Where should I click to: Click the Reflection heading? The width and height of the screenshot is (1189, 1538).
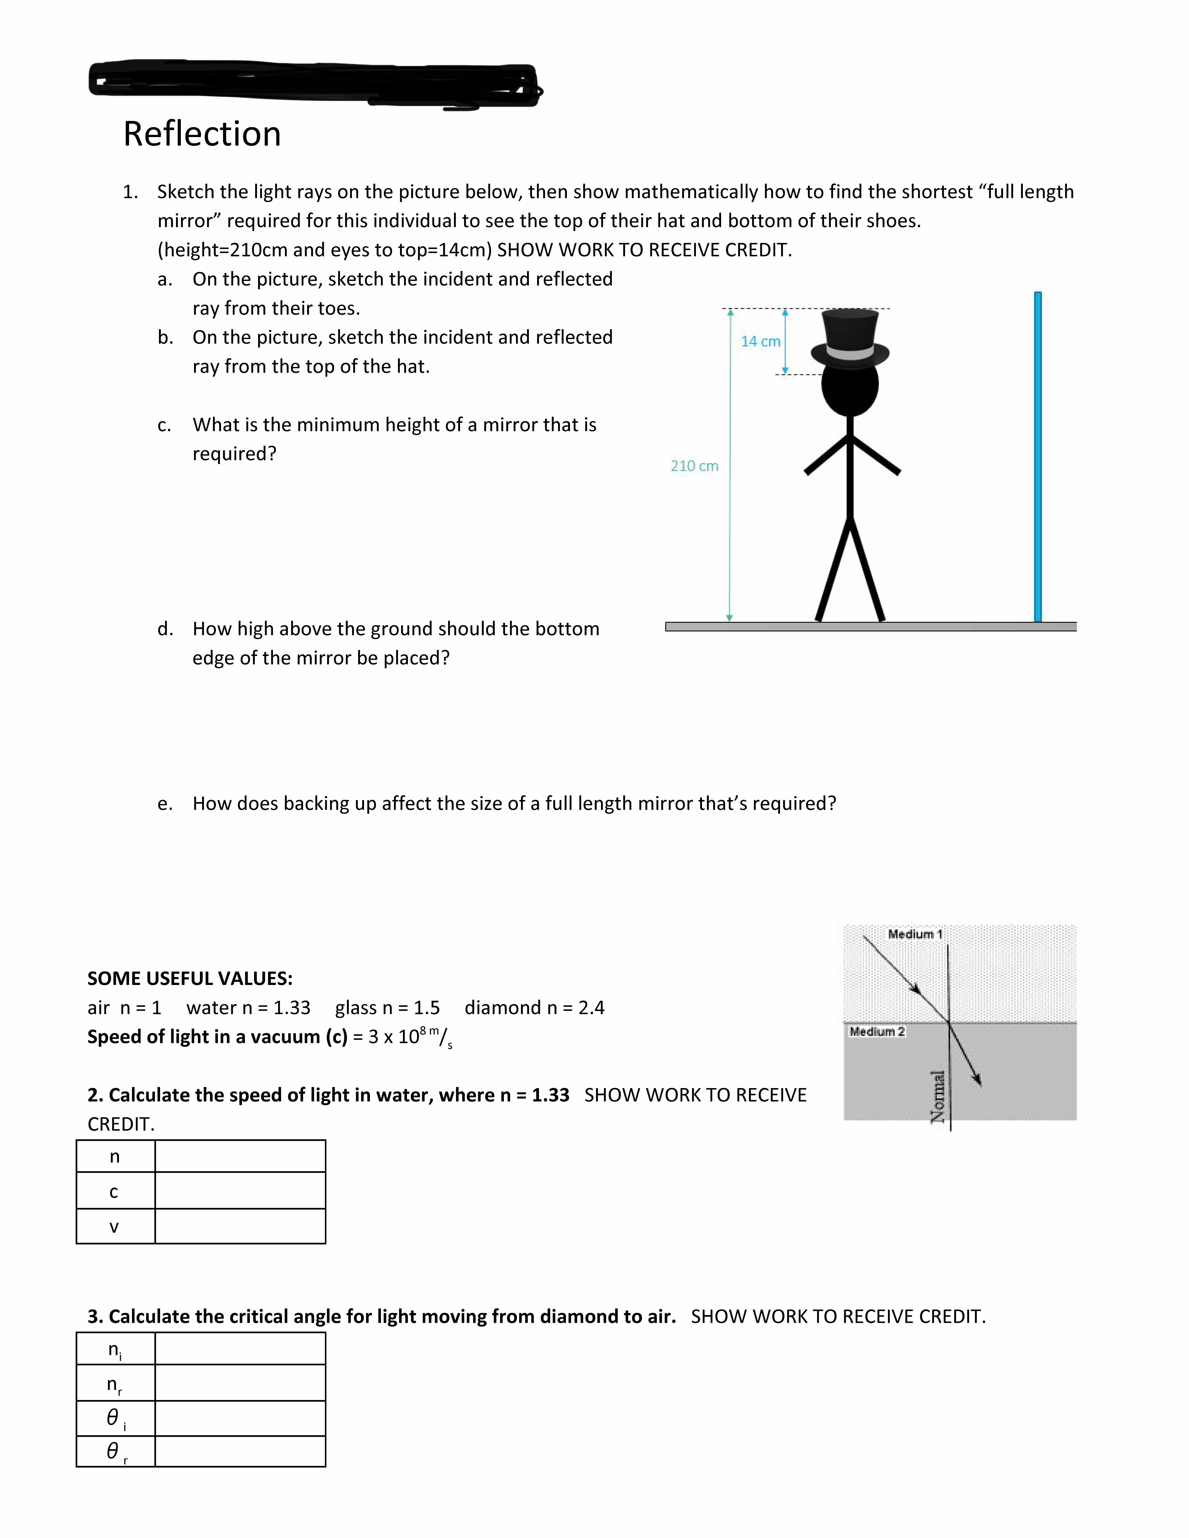(x=202, y=134)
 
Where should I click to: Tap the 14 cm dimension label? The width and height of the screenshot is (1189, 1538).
(x=760, y=341)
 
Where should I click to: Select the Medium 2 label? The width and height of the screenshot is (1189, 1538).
(x=876, y=1032)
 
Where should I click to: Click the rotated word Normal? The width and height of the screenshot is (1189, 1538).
(x=938, y=1097)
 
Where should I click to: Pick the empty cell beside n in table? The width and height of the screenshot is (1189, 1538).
(x=240, y=1156)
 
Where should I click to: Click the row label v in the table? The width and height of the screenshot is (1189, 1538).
(x=114, y=1227)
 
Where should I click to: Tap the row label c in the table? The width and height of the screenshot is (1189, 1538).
(x=114, y=1192)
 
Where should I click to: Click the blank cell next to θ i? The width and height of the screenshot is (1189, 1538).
(x=240, y=1418)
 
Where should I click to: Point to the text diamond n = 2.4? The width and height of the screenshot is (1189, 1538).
(x=534, y=1008)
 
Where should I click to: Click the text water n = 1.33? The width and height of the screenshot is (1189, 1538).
(x=248, y=1008)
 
